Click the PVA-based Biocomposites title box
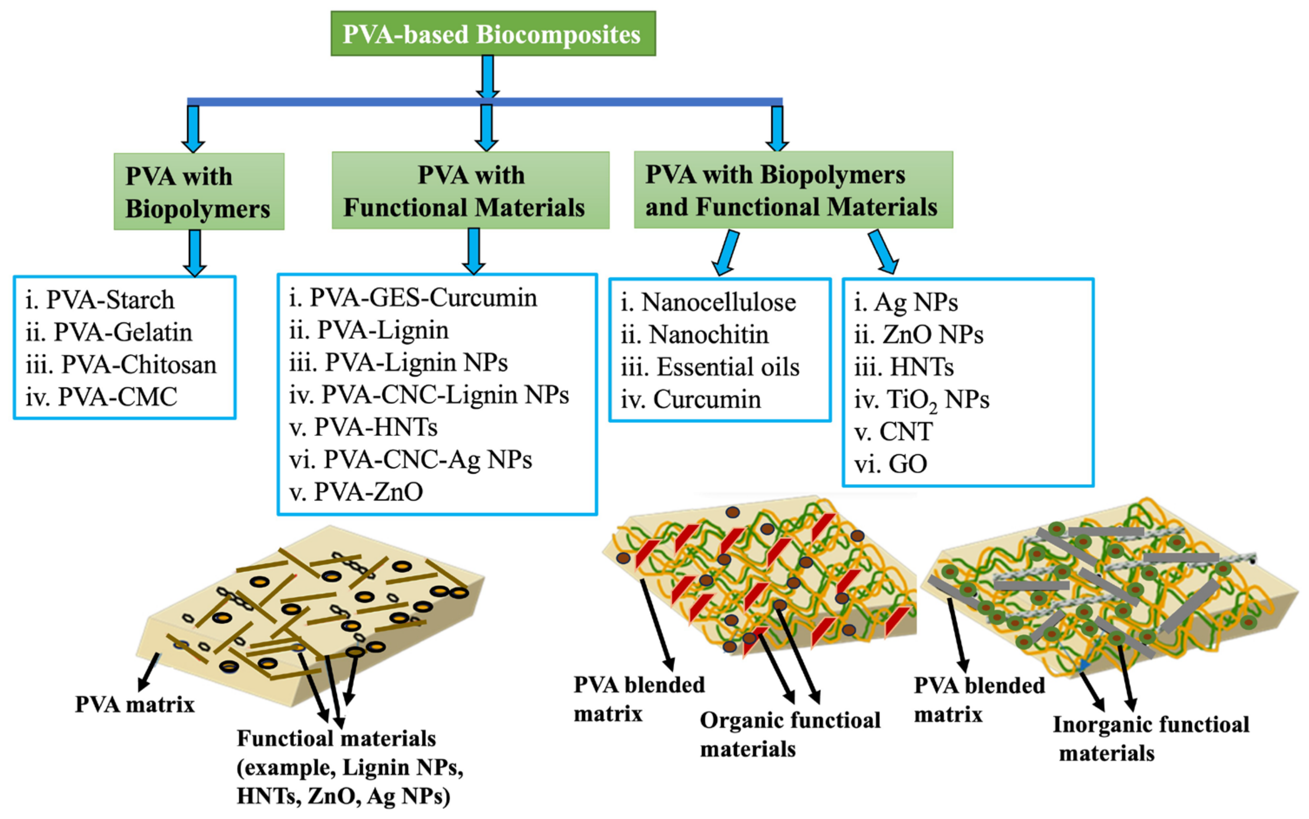493,33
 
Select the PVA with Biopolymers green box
198,192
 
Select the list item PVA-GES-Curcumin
413,298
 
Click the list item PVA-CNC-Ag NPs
411,460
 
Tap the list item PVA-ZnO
356,492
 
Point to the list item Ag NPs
906,302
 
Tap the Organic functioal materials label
789,734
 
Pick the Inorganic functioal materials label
1151,739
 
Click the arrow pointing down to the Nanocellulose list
727,252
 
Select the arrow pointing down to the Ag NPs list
883,252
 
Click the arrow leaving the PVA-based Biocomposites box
488,76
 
